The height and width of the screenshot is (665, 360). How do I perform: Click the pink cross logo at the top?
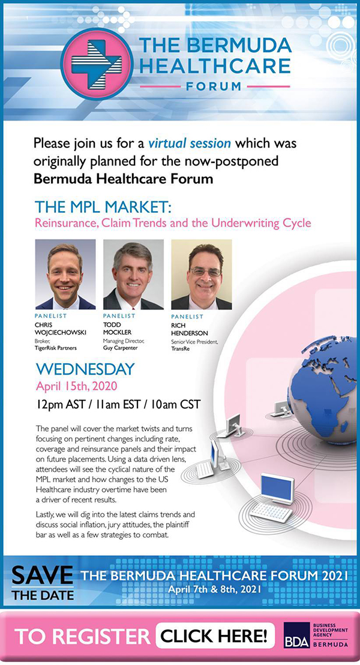tap(97, 64)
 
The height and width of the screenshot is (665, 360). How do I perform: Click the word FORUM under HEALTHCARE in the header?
tap(214, 86)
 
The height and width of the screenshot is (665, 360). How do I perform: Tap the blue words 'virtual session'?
tap(190, 143)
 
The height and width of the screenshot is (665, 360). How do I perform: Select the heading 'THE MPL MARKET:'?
tap(103, 207)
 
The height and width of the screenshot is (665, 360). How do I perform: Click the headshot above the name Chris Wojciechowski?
tap(65, 274)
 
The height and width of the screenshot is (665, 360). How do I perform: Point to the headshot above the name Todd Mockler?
tap(133, 274)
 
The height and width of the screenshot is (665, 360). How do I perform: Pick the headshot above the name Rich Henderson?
tap(201, 274)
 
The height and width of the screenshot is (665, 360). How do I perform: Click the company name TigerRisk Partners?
tap(56, 348)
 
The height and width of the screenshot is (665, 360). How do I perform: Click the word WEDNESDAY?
tap(85, 369)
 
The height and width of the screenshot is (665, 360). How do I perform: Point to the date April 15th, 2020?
tap(76, 386)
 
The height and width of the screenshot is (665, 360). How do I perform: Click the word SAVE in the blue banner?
tap(43, 576)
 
